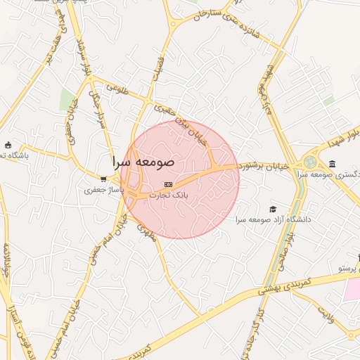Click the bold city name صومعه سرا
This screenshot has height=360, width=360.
click(143, 161)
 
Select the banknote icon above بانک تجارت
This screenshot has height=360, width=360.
click(167, 184)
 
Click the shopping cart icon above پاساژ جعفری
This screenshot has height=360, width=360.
click(103, 179)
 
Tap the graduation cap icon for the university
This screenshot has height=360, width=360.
click(273, 209)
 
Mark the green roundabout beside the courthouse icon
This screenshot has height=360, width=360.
click(310, 162)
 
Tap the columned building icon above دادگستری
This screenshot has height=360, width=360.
click(332, 165)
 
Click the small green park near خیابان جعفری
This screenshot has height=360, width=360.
click(67, 99)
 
